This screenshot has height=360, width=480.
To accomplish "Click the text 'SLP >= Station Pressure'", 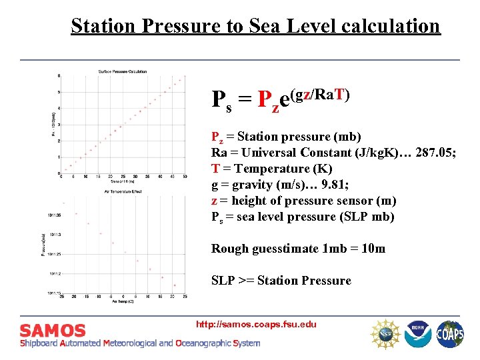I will point(281,281).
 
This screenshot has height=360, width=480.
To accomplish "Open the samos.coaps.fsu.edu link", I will point(256,325).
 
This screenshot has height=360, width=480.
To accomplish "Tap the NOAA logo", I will point(419,333).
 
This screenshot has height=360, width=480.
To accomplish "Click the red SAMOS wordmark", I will point(53,331).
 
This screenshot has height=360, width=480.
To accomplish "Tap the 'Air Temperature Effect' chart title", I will point(122,192).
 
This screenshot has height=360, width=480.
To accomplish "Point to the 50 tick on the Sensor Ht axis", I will point(185,177).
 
